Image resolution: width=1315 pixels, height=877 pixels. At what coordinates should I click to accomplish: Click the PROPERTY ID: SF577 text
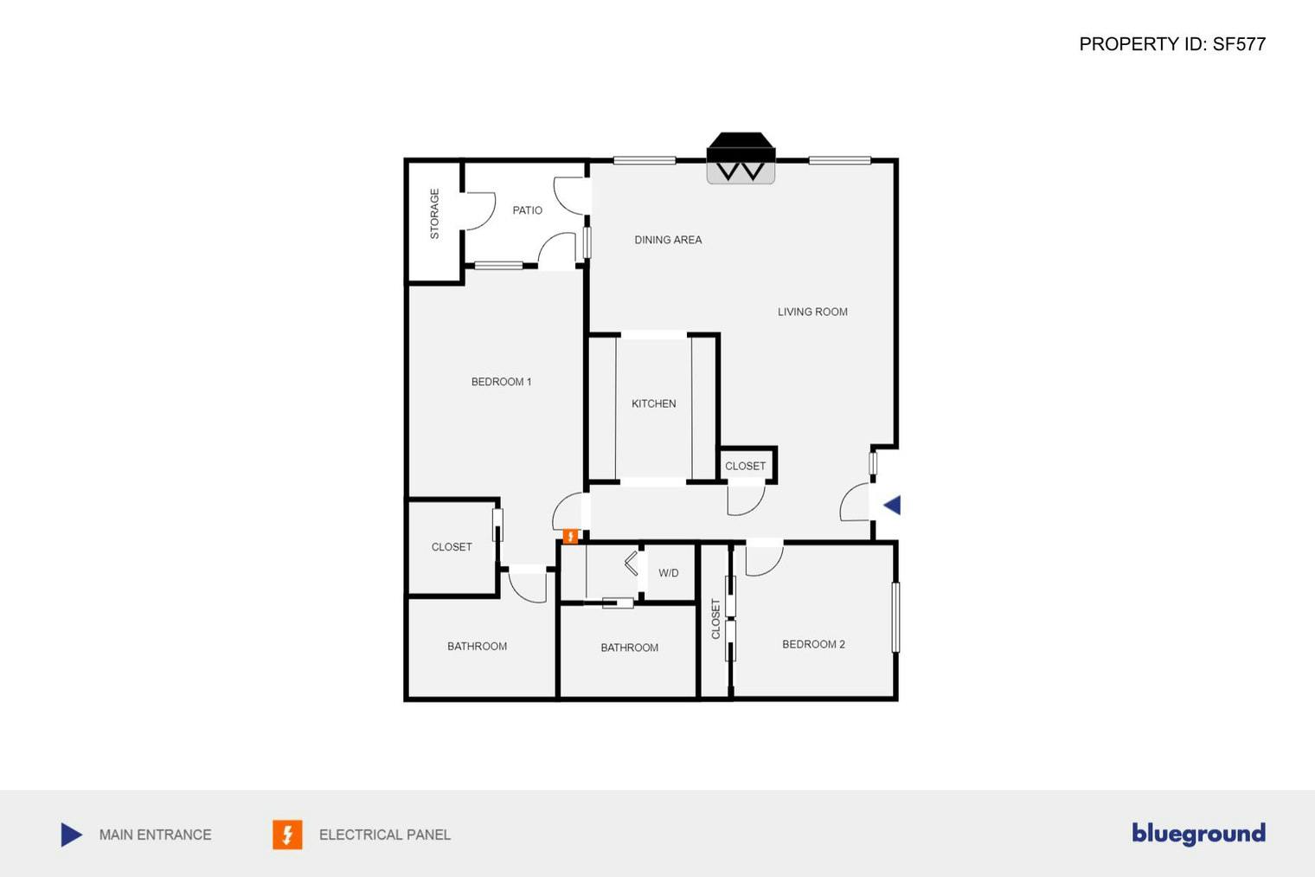[1171, 44]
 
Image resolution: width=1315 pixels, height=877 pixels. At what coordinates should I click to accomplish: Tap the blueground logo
[1198, 834]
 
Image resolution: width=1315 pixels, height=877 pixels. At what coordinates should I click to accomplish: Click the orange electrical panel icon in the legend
[287, 835]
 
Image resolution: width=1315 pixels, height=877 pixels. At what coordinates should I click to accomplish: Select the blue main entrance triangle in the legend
[72, 835]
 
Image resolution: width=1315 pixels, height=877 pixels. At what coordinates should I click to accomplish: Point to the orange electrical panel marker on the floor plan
[570, 537]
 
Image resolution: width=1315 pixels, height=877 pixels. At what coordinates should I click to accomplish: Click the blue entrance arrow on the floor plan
[892, 506]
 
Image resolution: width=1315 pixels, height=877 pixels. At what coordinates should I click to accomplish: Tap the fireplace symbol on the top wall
[741, 158]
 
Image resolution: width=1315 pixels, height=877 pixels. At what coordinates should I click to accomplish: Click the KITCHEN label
[653, 403]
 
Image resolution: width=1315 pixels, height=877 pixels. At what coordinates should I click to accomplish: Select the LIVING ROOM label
[811, 312]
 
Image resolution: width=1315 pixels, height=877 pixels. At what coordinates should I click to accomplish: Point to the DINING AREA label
[668, 240]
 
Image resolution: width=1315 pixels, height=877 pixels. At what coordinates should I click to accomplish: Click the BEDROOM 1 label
[501, 382]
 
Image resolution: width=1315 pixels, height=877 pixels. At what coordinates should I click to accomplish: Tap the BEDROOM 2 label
[813, 644]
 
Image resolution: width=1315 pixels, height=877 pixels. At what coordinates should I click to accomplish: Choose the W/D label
[668, 573]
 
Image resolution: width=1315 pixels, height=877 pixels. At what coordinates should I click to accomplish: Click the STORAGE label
[434, 214]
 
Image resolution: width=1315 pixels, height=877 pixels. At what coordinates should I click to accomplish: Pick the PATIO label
[527, 210]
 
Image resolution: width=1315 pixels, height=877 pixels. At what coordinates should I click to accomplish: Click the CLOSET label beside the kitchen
[745, 466]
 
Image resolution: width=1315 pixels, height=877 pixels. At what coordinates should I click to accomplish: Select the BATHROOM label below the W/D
[629, 648]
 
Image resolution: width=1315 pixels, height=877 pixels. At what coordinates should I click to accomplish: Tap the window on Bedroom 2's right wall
[895, 617]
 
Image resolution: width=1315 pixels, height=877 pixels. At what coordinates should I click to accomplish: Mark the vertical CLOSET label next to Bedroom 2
[715, 619]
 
